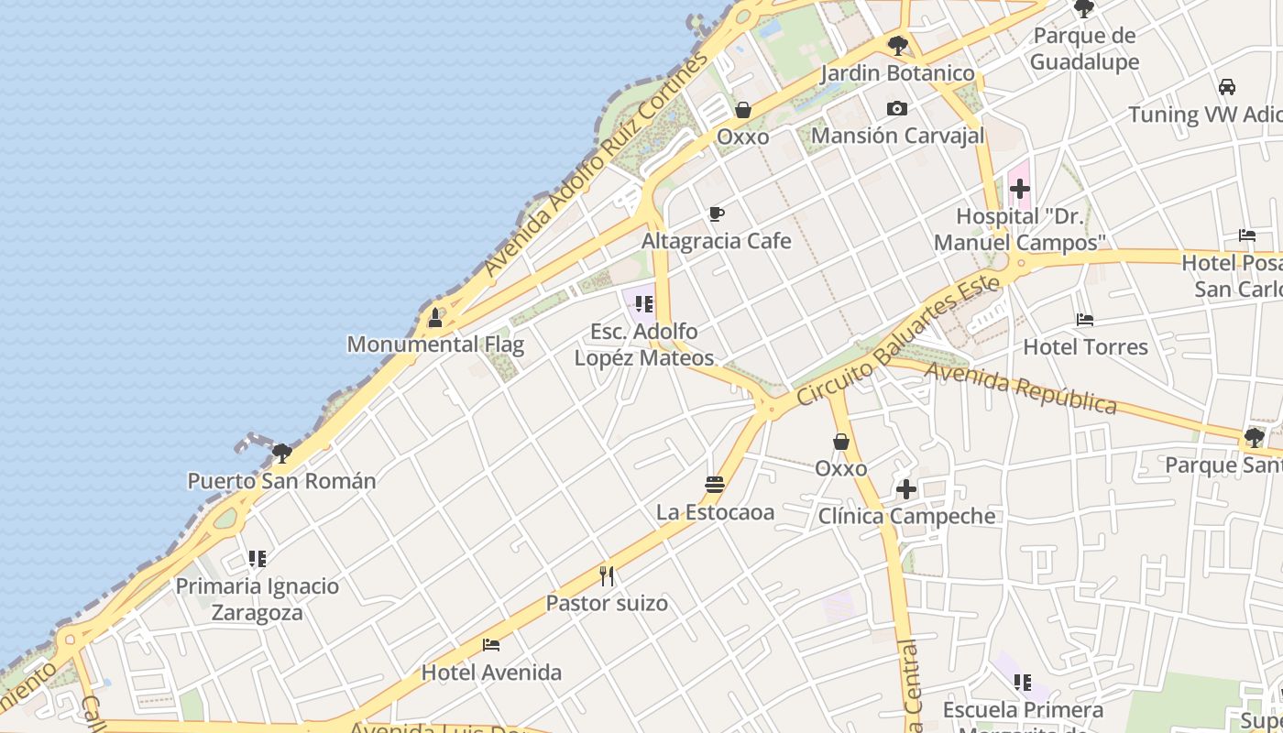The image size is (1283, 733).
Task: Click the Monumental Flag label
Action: coord(435,345)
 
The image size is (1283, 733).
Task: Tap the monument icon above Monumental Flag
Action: coord(435,318)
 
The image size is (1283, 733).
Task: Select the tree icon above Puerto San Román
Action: coord(282,453)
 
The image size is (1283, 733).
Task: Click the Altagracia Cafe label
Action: coord(717,241)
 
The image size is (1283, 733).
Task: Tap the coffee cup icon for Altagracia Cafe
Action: coord(717,214)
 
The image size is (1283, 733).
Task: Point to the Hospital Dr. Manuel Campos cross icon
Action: coord(1020,190)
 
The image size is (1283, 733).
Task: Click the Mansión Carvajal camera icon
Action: coord(897,109)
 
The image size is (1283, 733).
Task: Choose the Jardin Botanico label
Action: coord(897,73)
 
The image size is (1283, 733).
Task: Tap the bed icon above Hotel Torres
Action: coord(1085,320)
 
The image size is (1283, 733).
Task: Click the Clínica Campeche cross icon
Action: coord(906,489)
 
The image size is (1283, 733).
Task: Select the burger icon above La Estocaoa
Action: coord(715,485)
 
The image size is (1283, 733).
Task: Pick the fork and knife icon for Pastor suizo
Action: coord(606,576)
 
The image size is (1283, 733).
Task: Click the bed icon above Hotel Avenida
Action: coord(491,645)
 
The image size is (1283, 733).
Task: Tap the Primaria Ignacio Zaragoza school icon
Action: coord(258,558)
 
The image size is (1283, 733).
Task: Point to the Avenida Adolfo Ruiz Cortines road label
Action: coord(597,165)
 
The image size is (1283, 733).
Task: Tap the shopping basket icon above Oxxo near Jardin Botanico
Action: coord(743,110)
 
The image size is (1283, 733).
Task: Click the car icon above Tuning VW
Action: coord(1227,87)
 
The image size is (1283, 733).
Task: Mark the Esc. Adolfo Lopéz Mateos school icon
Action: coord(644,303)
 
